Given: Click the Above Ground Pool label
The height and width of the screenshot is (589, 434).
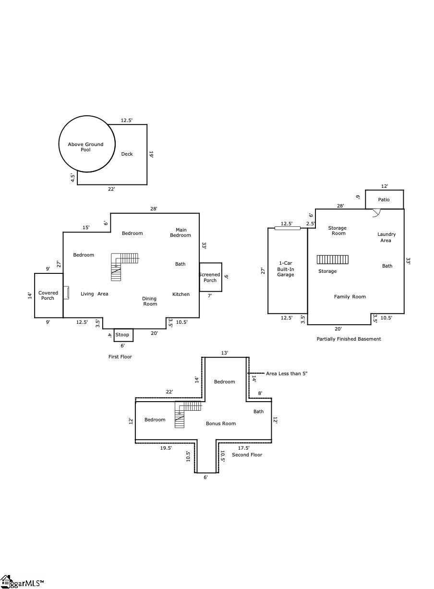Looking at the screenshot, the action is tap(85, 147).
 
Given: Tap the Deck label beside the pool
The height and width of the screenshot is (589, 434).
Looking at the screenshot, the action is tap(127, 154).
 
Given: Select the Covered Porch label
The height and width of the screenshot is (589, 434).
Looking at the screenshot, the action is tap(48, 295).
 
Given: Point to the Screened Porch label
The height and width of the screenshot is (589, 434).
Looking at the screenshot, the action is tap(210, 277).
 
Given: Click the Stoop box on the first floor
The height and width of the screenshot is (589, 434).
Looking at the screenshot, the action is tap(123, 335).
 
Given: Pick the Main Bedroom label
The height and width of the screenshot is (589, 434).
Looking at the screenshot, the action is tap(181, 233).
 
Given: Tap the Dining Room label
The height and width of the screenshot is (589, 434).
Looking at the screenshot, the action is tap(150, 301).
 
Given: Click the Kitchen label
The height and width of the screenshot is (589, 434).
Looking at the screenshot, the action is tap(181, 294).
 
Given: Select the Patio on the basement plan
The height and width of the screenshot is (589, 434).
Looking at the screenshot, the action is tap(385, 199).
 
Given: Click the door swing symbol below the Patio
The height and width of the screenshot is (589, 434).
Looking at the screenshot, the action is tap(377, 213).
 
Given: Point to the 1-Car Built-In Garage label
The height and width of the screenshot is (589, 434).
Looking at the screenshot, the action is tap(286, 269).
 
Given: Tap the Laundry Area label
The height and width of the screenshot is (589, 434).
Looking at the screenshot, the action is tap(386, 237).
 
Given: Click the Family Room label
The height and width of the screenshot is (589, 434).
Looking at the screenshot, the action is tap(350, 296).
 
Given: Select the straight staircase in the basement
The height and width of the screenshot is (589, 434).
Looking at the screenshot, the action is tap(333, 259).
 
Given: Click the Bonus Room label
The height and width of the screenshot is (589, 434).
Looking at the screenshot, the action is tap(221, 423).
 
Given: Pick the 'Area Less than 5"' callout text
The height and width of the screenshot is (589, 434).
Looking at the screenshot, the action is tap(287, 373).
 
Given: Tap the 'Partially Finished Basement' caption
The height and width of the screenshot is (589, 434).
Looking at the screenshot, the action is tap(349, 339).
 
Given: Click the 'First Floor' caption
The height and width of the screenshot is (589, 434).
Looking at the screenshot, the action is tap(120, 356).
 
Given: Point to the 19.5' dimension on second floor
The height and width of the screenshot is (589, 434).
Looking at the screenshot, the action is tap(166, 448).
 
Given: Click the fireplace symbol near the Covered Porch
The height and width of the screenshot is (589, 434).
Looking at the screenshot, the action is tap(67, 293).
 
